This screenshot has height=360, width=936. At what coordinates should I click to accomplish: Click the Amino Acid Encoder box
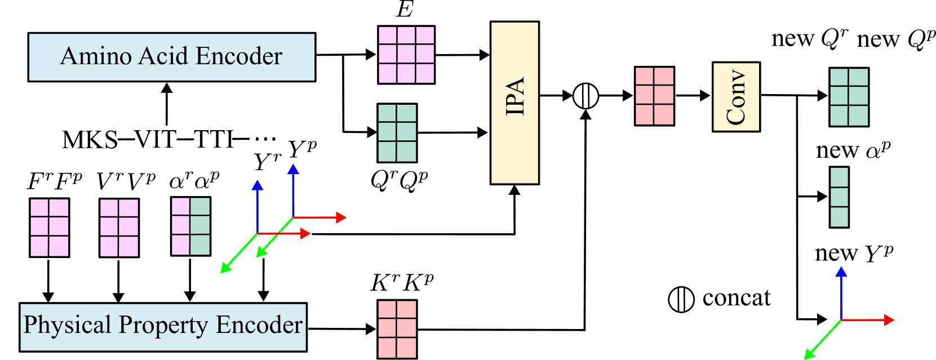tap(171, 57)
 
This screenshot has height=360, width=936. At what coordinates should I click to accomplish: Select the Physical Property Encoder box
tap(163, 327)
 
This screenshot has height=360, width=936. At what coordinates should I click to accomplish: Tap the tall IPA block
tap(514, 103)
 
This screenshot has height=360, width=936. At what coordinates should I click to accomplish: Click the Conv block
tap(736, 97)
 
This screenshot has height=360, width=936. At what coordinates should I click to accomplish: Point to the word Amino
tap(96, 56)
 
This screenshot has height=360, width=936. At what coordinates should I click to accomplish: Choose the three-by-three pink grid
tap(406, 55)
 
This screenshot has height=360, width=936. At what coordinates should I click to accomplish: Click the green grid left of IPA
tap(397, 133)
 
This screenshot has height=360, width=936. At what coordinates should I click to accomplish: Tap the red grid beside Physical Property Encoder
tap(397, 329)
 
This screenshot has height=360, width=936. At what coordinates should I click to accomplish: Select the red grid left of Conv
tap(654, 96)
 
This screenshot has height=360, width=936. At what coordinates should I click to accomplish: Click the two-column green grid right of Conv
tap(849, 97)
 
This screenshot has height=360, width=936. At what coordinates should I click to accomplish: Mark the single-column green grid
tap(839, 197)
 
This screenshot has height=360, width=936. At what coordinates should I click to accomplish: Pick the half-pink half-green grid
tap(191, 226)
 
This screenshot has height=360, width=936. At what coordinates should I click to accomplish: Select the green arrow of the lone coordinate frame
tap(822, 340)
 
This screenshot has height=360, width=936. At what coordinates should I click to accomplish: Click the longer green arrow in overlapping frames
tap(238, 254)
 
